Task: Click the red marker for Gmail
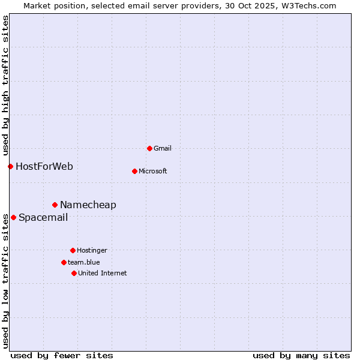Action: (149, 148)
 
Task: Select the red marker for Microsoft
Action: (134, 171)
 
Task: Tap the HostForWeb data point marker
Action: (10, 166)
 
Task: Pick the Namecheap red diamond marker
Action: (55, 205)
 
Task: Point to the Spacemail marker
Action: (13, 217)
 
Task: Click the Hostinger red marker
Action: (73, 250)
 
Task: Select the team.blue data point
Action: (64, 262)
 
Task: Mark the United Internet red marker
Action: (74, 273)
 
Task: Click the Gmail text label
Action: (163, 148)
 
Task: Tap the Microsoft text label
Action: (153, 171)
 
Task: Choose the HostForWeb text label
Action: (44, 166)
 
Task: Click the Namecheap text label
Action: (88, 205)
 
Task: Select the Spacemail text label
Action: (43, 217)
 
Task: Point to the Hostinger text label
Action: (92, 250)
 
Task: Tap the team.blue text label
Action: (84, 262)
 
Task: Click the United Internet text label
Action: (103, 273)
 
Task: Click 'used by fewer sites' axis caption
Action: (62, 355)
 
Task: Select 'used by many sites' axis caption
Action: (301, 355)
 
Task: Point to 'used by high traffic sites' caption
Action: (5, 83)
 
